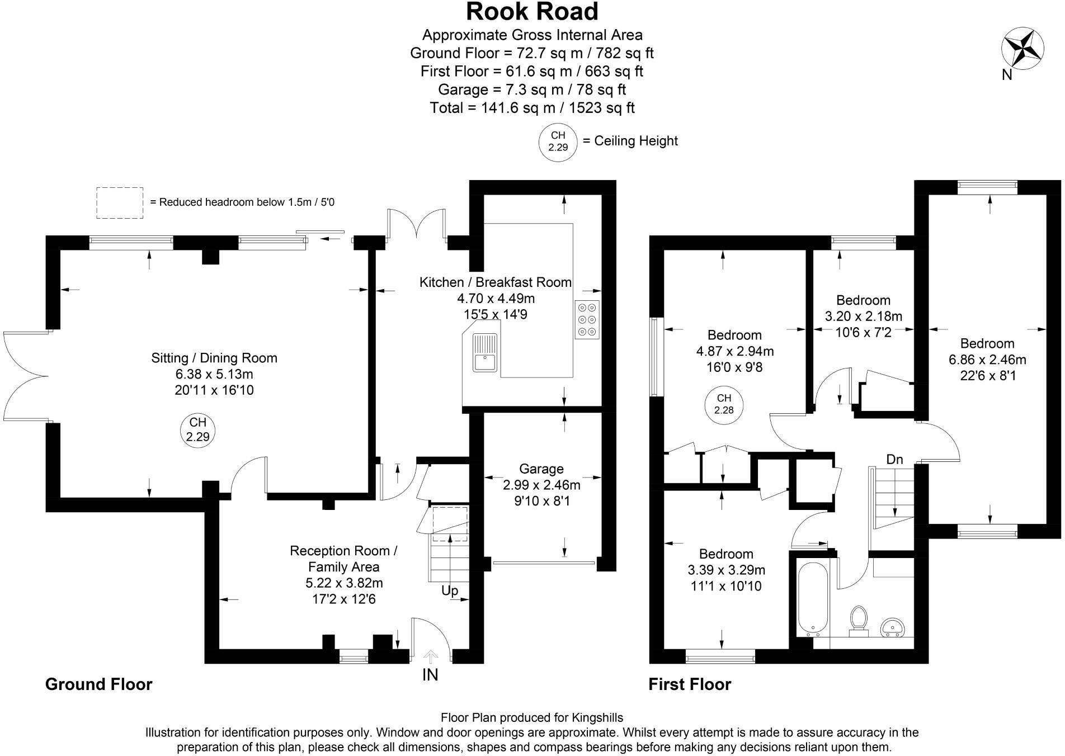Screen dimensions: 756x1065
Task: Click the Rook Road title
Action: [x=532, y=12]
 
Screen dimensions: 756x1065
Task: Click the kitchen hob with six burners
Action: [x=587, y=319]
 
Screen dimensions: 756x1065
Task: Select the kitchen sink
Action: [x=484, y=352]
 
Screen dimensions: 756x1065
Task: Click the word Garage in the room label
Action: [x=541, y=469]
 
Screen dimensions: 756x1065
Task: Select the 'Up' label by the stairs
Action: [x=450, y=590]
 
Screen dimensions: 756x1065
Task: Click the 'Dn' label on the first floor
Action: [x=894, y=459]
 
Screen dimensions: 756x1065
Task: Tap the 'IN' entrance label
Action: [x=430, y=675]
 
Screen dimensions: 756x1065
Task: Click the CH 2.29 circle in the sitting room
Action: [x=197, y=429]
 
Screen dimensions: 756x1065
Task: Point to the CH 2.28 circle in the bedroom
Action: [x=724, y=404]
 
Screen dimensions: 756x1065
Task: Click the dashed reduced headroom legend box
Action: [x=120, y=202]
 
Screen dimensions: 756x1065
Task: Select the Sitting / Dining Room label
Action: [x=214, y=358]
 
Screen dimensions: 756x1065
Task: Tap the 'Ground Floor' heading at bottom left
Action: [x=98, y=684]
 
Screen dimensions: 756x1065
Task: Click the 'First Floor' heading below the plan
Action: [x=689, y=684]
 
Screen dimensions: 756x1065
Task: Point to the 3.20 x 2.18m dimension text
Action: [x=863, y=316]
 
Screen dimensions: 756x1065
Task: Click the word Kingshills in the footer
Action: [x=597, y=717]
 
